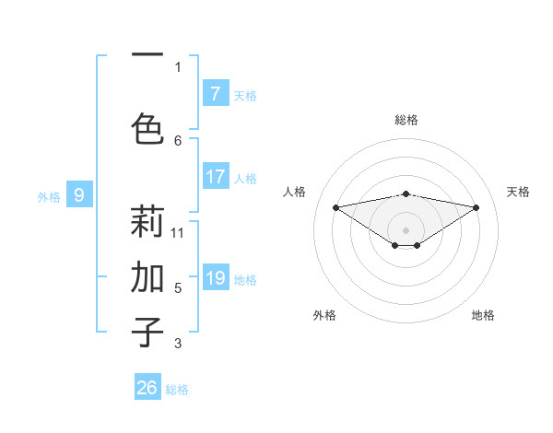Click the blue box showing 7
point(215,93)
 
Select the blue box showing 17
point(215,177)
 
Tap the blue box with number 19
point(215,278)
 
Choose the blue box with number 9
point(79,194)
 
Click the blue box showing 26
point(147,388)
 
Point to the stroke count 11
point(178,232)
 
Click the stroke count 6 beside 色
point(178,140)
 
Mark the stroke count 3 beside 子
point(178,344)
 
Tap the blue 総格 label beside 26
point(177,390)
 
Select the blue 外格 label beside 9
point(49,196)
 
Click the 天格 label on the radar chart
point(518,192)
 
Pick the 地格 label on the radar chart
point(483,315)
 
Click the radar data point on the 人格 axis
point(335,206)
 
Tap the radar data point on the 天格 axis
point(477,207)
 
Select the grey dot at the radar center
point(406,229)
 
